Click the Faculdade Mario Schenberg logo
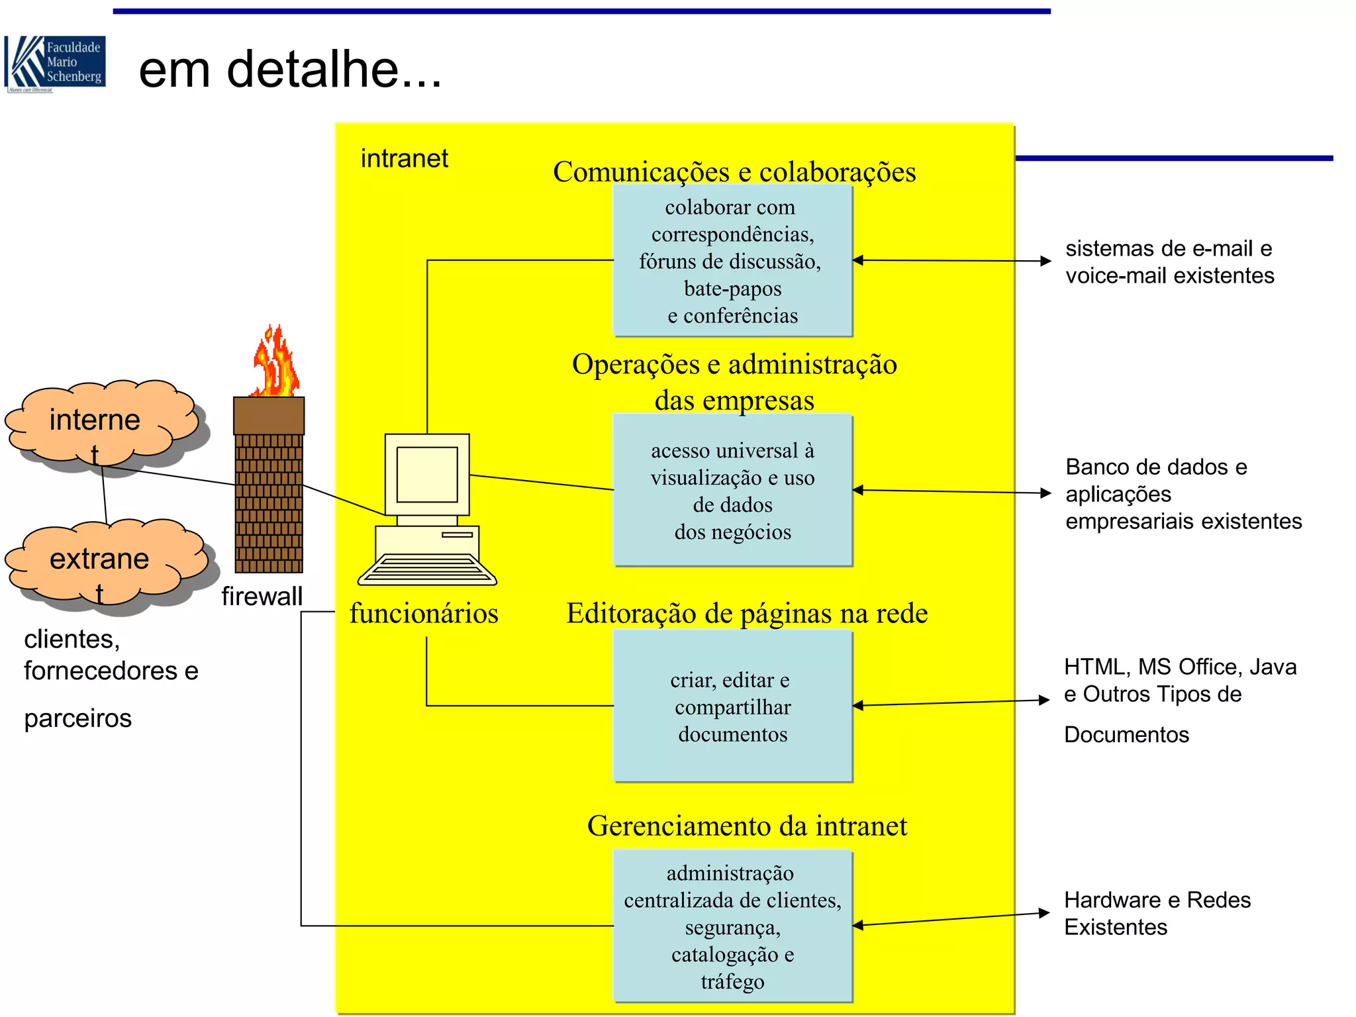click(55, 64)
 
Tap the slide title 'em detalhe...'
click(290, 69)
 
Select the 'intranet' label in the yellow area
click(404, 158)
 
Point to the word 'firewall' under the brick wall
click(262, 596)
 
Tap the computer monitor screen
click(426, 474)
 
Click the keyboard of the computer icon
click(426, 569)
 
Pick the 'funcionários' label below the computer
click(424, 613)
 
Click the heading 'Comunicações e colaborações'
click(734, 172)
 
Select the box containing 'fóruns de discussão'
click(732, 261)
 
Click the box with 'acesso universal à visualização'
click(732, 491)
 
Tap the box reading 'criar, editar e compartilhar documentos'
click(732, 706)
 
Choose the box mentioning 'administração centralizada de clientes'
click(732, 926)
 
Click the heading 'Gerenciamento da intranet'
click(747, 826)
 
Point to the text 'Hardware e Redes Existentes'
click(1157, 913)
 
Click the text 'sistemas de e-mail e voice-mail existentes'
click(1169, 262)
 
